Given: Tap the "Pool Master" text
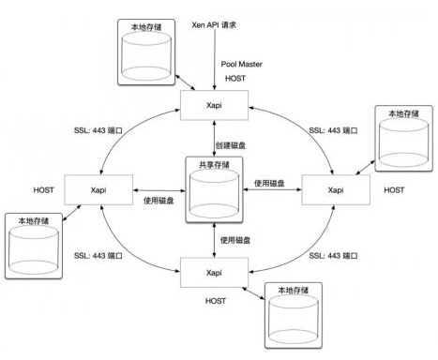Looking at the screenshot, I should (x=241, y=64).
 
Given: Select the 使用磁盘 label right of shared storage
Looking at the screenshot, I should (x=270, y=185).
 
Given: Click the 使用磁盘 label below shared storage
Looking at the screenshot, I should (x=236, y=241).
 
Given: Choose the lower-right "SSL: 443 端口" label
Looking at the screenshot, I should (x=329, y=256).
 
